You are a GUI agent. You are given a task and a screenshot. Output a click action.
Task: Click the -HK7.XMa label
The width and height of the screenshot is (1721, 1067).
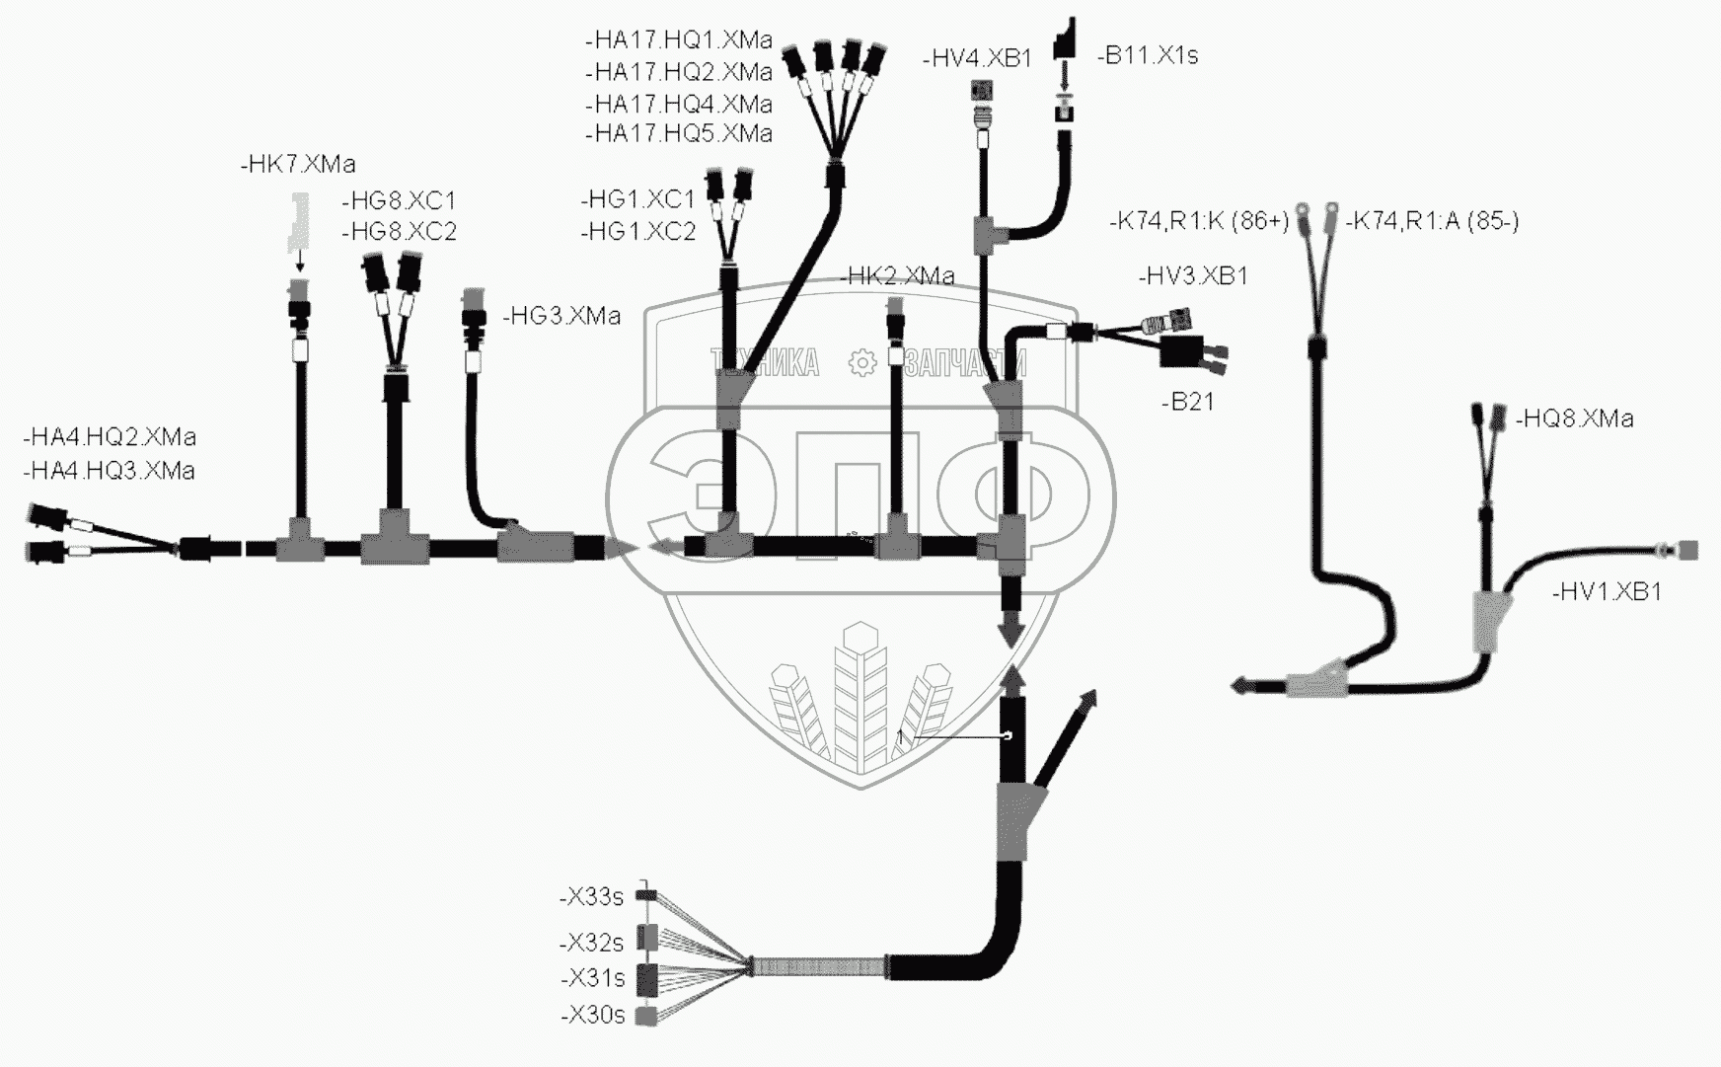point(298,165)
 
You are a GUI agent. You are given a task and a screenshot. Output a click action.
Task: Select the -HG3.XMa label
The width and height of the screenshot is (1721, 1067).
point(561,317)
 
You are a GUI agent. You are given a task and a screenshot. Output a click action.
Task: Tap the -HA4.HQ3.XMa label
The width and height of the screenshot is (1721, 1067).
point(109,471)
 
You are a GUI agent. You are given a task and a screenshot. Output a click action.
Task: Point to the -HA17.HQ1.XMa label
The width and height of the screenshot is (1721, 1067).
point(678,41)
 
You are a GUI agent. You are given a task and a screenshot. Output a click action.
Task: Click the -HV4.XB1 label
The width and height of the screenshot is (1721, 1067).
point(977,59)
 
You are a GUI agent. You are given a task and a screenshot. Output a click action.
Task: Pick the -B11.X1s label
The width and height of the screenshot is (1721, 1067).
point(1148,56)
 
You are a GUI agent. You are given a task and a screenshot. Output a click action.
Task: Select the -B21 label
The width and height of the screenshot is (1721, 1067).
point(1188,402)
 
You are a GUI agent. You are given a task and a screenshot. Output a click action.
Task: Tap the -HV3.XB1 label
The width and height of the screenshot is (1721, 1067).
point(1193,276)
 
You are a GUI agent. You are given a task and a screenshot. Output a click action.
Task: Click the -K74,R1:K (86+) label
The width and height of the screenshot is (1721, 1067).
point(1200,222)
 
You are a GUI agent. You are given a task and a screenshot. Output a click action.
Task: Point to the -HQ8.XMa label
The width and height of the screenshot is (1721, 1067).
point(1574,419)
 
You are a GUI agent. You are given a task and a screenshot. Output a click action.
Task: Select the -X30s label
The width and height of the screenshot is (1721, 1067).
point(592,1016)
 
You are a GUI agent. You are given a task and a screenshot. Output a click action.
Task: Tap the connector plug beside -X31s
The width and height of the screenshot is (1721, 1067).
point(647,980)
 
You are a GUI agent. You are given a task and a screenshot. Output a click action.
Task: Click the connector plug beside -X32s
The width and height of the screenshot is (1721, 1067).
point(647,936)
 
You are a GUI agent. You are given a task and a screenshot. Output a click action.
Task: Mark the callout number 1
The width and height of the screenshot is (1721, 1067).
point(900,737)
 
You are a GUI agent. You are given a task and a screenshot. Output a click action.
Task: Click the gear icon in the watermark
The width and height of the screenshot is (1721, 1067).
point(862,363)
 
